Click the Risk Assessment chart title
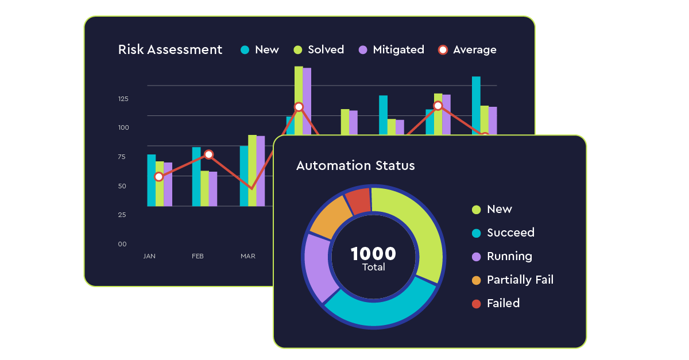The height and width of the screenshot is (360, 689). coord(170,50)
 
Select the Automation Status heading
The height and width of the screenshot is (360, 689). coord(355,166)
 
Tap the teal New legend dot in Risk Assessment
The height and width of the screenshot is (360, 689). coord(245,50)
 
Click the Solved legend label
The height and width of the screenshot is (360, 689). coord(326,50)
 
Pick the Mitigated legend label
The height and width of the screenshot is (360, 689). coord(398,50)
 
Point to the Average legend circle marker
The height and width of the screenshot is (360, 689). coord(443,50)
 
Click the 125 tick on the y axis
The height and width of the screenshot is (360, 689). coord(123,99)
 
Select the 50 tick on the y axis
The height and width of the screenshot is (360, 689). coord(122,186)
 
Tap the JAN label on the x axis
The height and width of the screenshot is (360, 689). coord(149,256)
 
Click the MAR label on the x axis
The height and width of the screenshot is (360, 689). coord(248,256)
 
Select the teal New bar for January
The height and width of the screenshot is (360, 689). coord(152,180)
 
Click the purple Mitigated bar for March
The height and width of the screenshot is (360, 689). coord(261,171)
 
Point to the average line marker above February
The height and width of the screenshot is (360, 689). coord(208,154)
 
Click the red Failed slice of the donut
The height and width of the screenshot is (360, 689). coord(359,201)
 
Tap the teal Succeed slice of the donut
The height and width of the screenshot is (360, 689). coord(379,304)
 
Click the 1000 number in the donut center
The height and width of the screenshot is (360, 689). coord(373,254)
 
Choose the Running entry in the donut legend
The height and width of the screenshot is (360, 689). coord(509,256)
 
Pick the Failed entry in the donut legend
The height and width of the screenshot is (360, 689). coord(503,303)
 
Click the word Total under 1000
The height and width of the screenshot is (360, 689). coord(373,268)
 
